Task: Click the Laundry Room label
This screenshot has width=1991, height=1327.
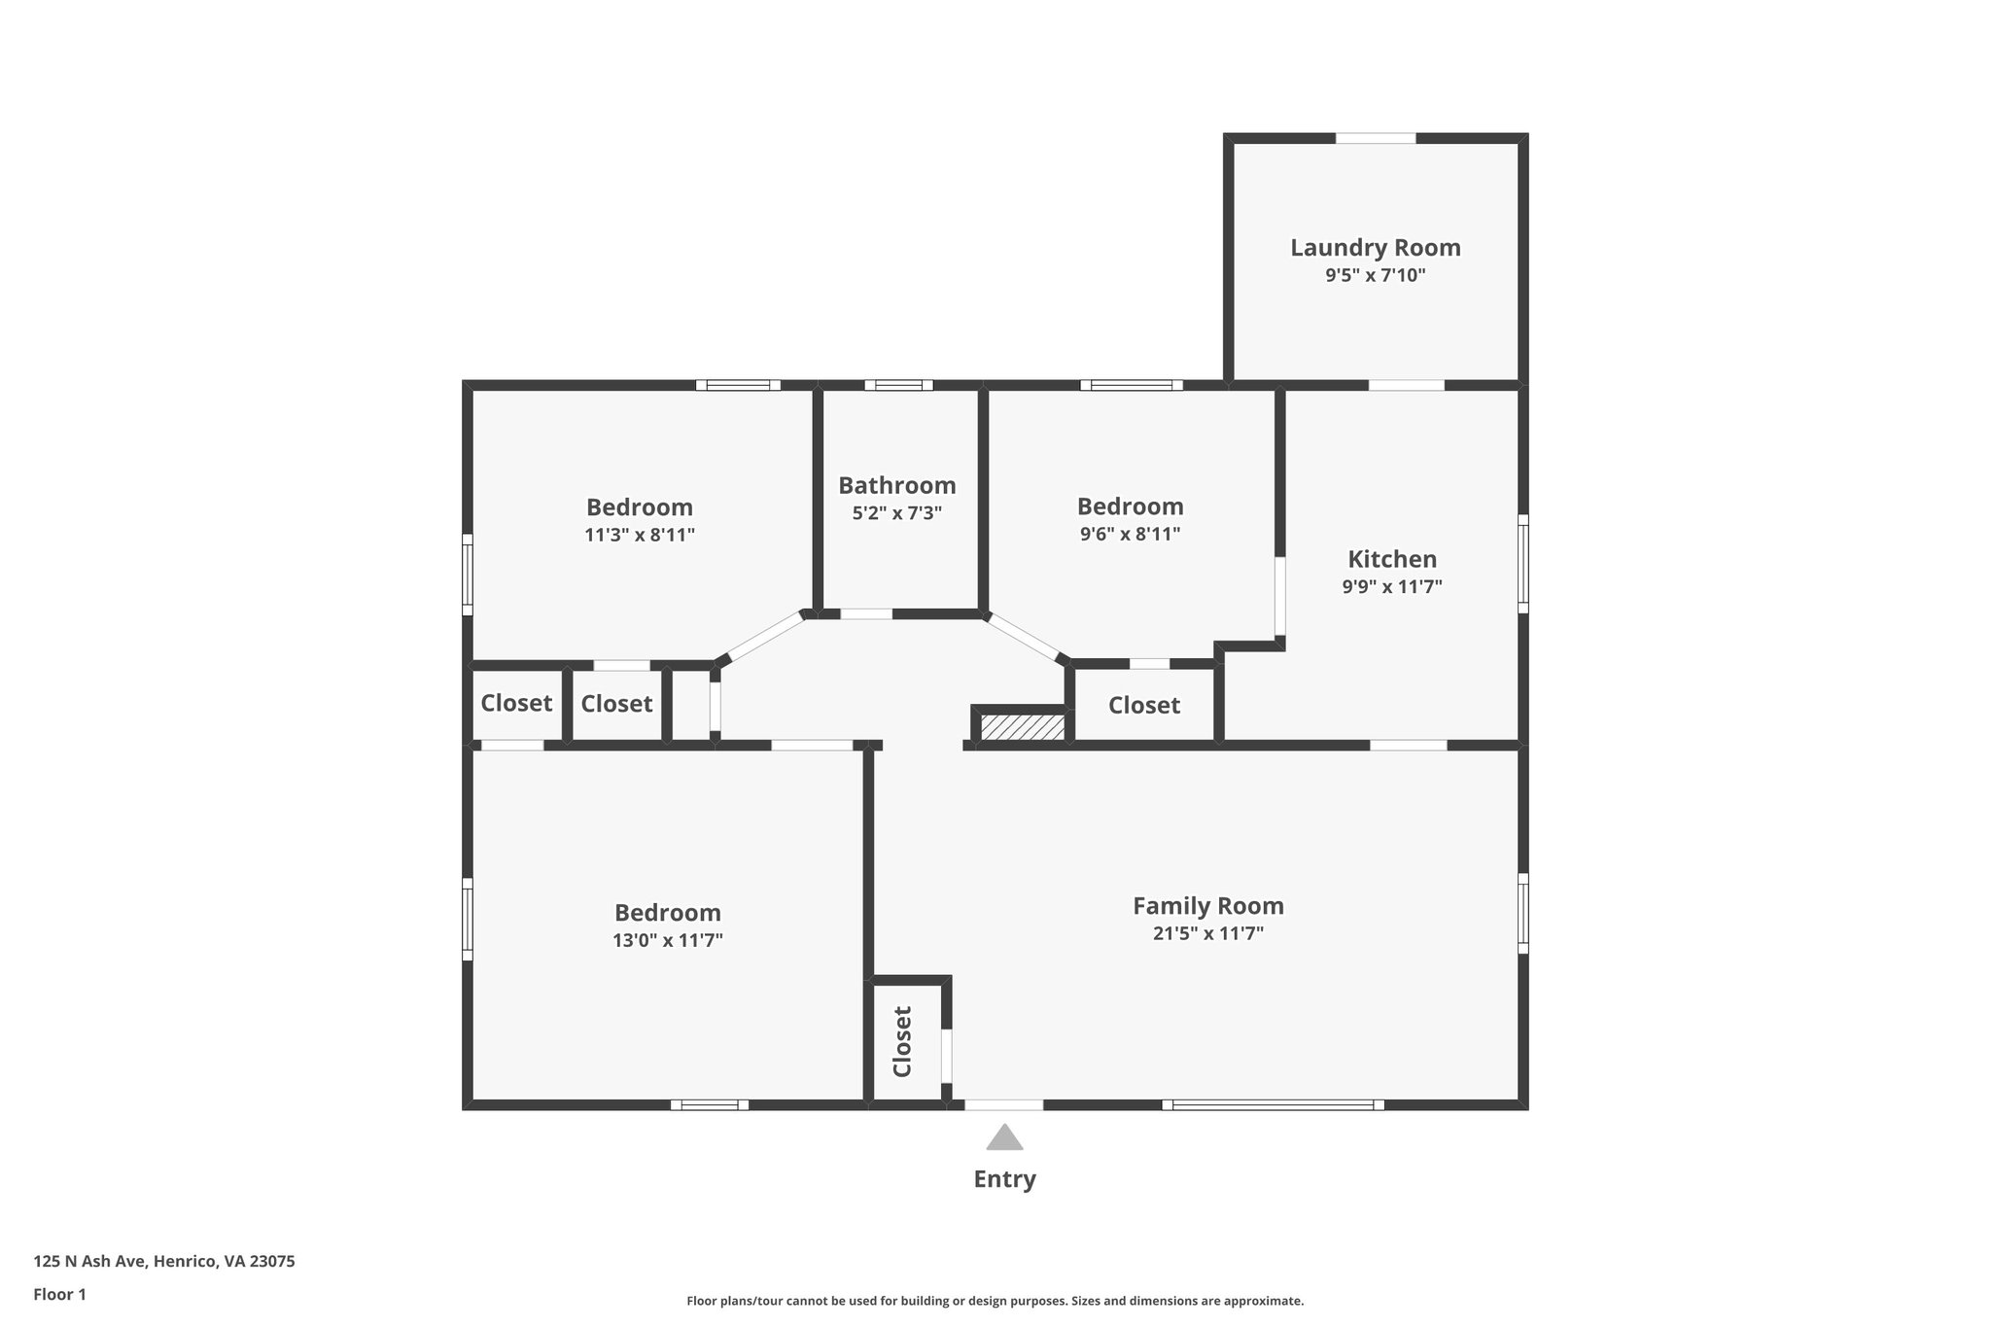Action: click(1375, 248)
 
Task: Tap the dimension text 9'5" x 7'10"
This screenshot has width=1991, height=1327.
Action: click(1375, 275)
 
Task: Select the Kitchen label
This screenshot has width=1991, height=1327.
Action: click(1391, 559)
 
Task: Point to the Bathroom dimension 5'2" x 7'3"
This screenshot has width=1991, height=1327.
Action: click(896, 513)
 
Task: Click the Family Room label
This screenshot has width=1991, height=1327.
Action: click(1207, 906)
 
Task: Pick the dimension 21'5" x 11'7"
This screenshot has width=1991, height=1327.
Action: click(1207, 933)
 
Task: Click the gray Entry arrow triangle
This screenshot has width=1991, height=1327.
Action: click(1004, 1137)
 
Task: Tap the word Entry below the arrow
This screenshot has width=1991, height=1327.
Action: click(1004, 1179)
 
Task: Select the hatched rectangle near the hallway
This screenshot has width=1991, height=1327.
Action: click(1022, 727)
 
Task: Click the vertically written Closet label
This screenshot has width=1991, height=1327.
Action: click(902, 1041)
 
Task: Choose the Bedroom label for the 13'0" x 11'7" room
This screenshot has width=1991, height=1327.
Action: click(667, 913)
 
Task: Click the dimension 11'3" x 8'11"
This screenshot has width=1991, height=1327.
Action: click(639, 535)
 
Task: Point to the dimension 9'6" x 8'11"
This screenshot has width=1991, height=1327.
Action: click(1130, 534)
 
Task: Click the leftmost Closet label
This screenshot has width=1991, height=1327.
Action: click(516, 703)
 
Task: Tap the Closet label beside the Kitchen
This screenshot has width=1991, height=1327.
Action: click(1143, 705)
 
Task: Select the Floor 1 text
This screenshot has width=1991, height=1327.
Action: click(59, 1294)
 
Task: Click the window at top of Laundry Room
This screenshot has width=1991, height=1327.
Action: click(1375, 138)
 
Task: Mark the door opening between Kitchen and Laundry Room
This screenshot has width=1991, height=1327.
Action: click(1406, 385)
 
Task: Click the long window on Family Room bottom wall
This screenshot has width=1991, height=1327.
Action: click(1273, 1104)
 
